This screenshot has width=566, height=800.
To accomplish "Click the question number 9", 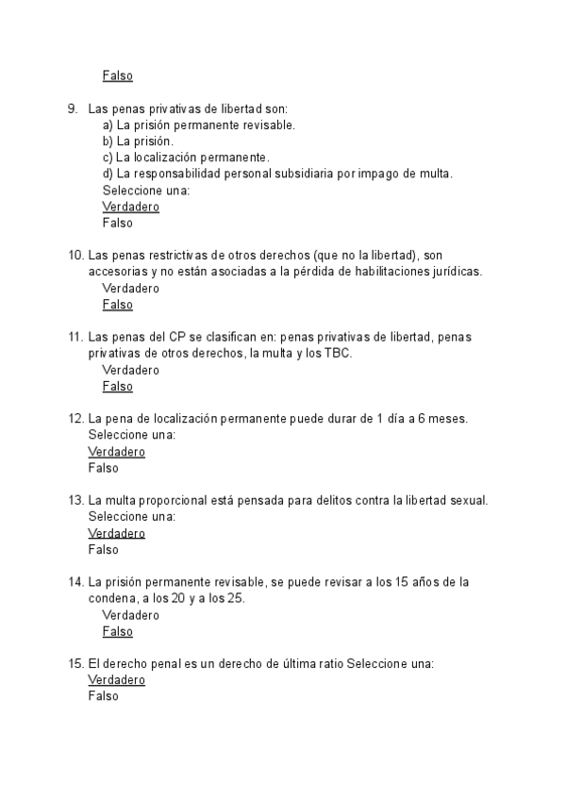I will (x=73, y=108).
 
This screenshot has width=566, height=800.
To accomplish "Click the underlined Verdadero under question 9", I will (x=130, y=207).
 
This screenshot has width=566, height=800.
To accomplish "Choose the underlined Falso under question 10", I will (x=117, y=305).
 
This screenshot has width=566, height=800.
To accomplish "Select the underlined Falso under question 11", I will (x=117, y=386).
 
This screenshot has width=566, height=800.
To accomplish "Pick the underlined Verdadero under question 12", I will (x=116, y=452).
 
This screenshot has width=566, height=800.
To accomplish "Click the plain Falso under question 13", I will (x=103, y=549).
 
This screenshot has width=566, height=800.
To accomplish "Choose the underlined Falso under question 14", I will (x=117, y=631).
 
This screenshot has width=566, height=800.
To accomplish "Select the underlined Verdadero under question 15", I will (x=116, y=679).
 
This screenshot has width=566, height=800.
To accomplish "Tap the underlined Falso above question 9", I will (x=117, y=75).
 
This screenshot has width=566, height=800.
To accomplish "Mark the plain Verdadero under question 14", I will (x=130, y=615).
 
